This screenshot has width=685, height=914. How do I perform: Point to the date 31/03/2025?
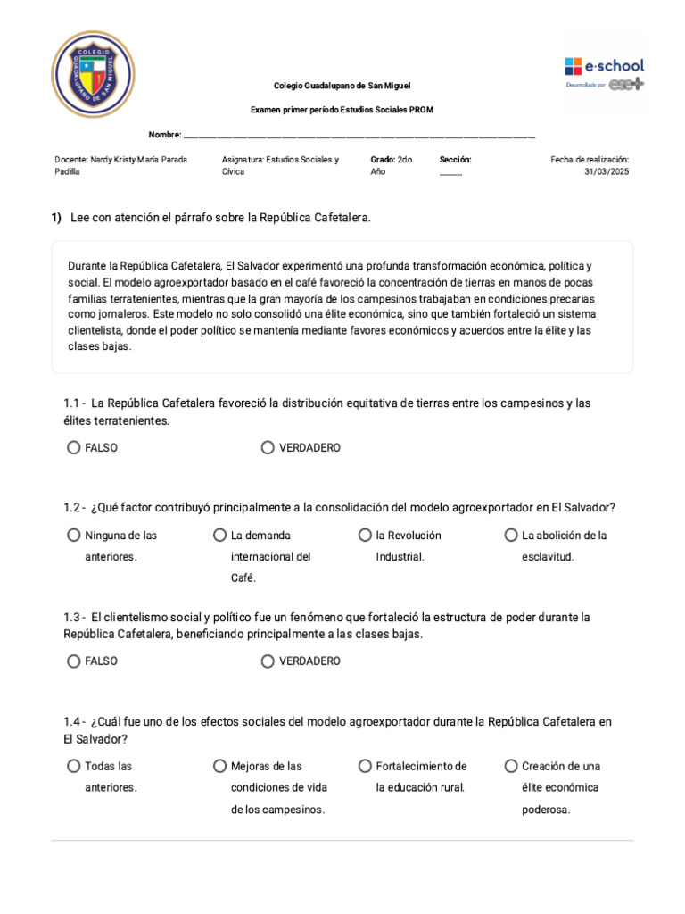607,171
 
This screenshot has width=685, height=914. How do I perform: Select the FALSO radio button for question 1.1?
73,448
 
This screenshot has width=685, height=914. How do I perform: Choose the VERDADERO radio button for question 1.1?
268,448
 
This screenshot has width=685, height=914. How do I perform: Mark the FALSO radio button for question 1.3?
73,661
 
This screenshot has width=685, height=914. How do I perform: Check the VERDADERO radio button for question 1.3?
268,661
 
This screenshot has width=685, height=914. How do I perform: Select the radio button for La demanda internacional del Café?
219,536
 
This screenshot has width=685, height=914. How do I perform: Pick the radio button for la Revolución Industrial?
365,536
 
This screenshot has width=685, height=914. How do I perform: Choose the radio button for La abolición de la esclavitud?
511,536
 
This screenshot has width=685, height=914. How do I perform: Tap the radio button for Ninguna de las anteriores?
73,536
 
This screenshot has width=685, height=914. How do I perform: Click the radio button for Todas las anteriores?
73,766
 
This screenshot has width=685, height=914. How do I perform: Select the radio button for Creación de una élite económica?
511,766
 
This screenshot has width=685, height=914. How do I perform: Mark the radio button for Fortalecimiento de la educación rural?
365,766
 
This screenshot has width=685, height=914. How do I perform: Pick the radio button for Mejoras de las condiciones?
219,766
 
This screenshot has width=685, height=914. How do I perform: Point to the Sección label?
455,159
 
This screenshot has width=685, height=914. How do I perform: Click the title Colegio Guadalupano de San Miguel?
342,86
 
